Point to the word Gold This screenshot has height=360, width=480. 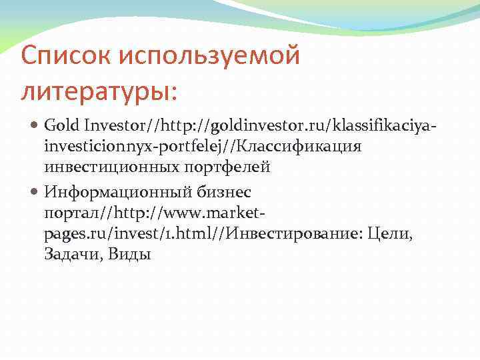(62, 125)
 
